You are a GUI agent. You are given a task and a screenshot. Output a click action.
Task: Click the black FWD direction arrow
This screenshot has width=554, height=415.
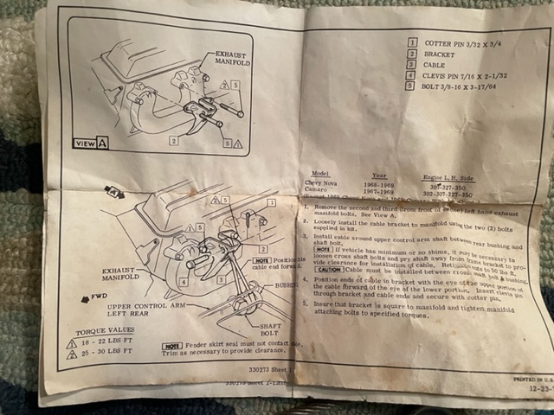76,297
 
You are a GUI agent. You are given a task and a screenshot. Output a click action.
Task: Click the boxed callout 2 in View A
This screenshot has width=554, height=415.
174,138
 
